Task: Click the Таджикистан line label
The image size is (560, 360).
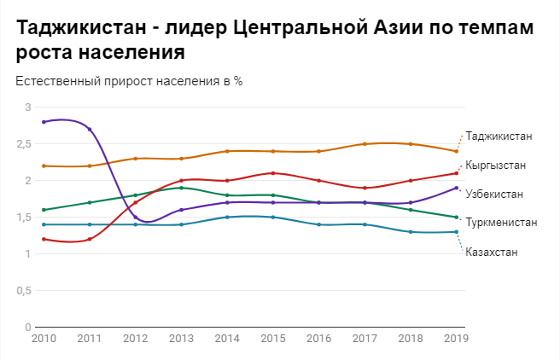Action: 499,136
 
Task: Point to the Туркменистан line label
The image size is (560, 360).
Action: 501,223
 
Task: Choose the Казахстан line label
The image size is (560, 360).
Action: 493,252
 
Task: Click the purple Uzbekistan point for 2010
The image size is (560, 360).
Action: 44,122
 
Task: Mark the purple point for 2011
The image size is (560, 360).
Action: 90,130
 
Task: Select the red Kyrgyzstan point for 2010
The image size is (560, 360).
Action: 44,239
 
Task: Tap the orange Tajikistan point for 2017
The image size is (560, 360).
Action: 365,144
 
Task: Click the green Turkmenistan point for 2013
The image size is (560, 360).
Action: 181,188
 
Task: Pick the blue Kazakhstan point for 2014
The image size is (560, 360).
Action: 227,218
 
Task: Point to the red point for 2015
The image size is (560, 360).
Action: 272,173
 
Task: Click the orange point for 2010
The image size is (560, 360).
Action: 44,165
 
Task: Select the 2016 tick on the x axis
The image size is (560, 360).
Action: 318,339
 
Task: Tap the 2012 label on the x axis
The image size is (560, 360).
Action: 135,339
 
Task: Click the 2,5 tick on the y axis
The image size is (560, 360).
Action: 21,144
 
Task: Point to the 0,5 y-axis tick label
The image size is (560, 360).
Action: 21,291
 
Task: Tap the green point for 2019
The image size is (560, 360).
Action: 457,218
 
